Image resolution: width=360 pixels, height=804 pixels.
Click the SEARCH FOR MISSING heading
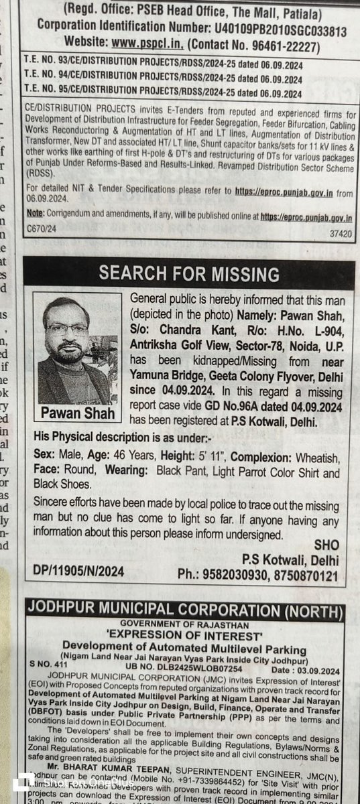(x=189, y=274)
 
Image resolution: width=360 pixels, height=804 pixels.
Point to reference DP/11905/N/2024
(x=78, y=571)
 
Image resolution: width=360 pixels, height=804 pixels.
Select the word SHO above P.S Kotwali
(x=326, y=545)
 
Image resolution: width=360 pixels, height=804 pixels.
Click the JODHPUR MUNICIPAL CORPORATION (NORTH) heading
(x=184, y=611)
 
